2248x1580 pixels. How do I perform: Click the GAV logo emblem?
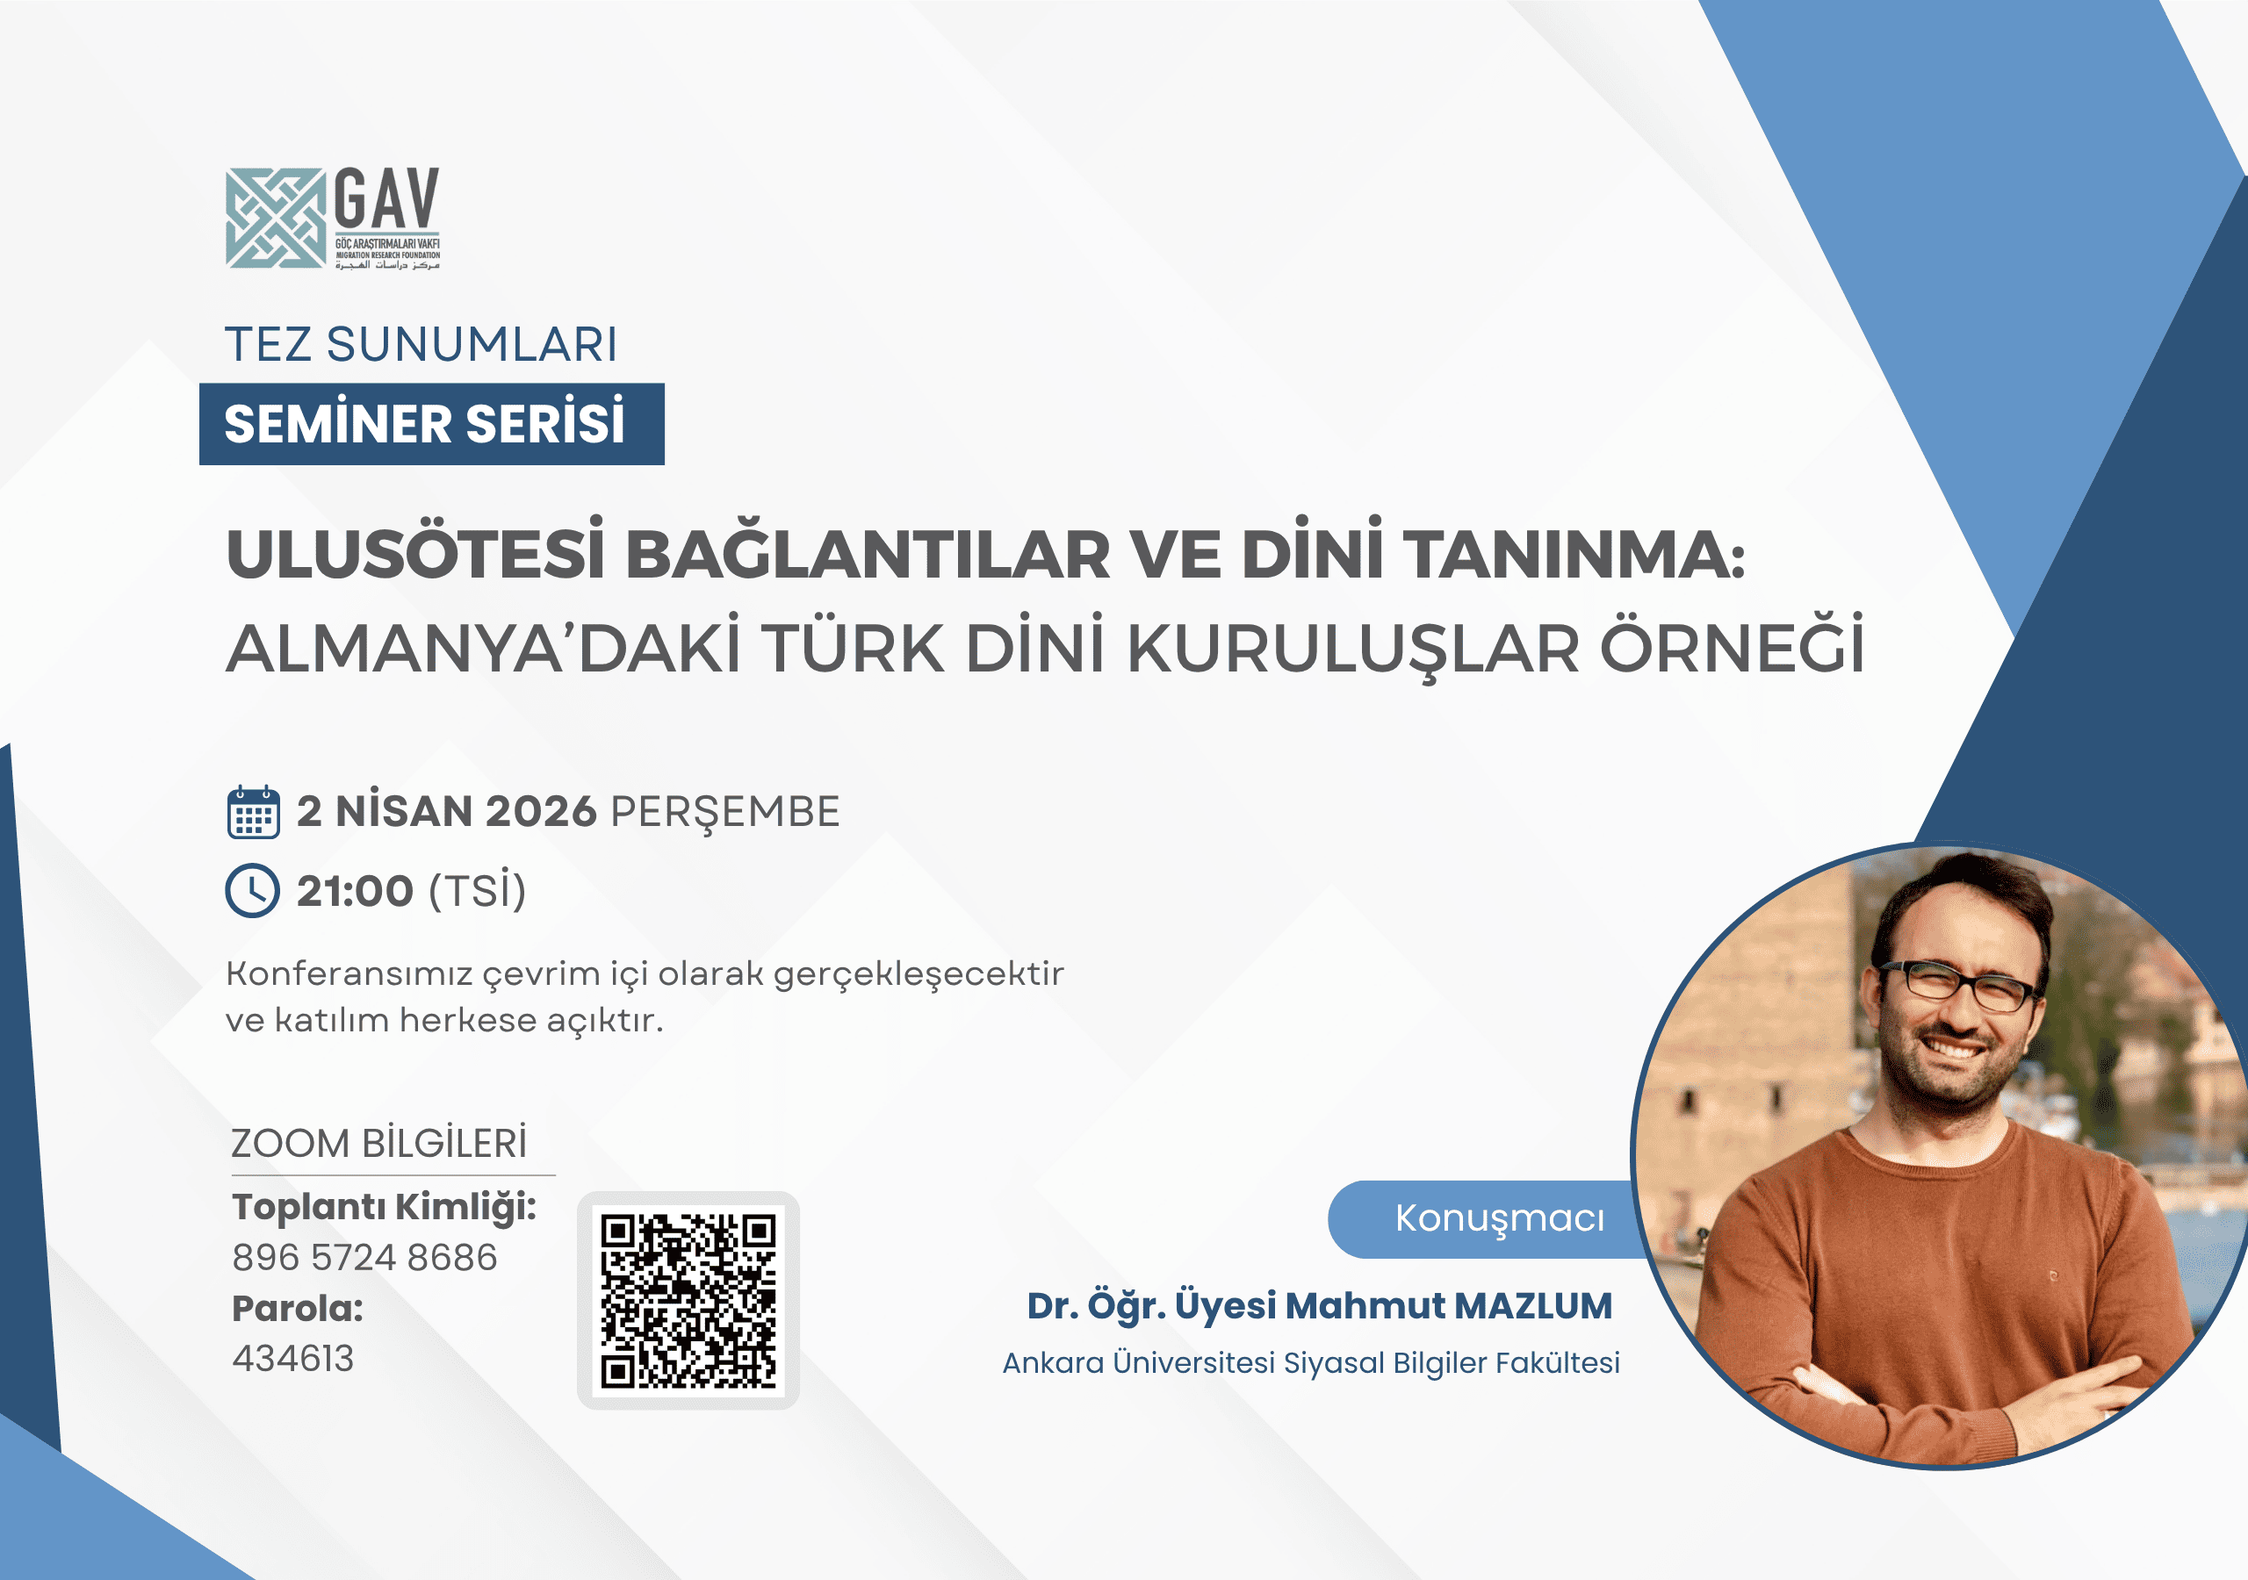point(275,219)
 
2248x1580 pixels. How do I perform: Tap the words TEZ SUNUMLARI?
point(421,345)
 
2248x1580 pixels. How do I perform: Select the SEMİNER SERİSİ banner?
point(432,424)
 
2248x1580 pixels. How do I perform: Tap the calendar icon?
point(254,812)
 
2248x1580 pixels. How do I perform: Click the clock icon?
point(253,891)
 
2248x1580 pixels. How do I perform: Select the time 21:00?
point(355,892)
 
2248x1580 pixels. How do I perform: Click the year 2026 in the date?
point(540,812)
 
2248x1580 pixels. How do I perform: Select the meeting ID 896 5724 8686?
point(364,1257)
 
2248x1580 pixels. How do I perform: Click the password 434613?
point(292,1359)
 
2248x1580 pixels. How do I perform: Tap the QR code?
point(688,1301)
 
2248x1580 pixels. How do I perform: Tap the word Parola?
point(298,1309)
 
